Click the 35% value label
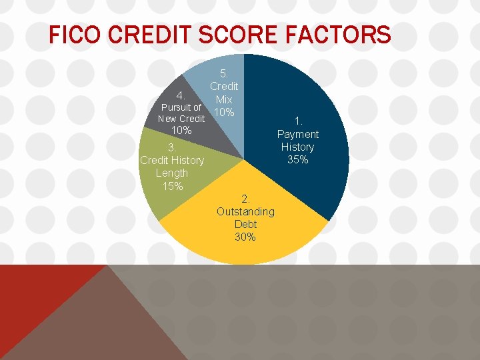click(x=297, y=159)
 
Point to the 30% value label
click(x=245, y=237)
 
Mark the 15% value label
click(x=172, y=186)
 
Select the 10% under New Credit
click(x=181, y=131)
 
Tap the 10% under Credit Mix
click(x=224, y=112)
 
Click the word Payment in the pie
click(x=297, y=134)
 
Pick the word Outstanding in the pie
click(x=245, y=211)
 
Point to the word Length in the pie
click(x=171, y=173)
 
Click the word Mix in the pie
click(x=224, y=99)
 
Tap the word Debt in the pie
click(x=245, y=224)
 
